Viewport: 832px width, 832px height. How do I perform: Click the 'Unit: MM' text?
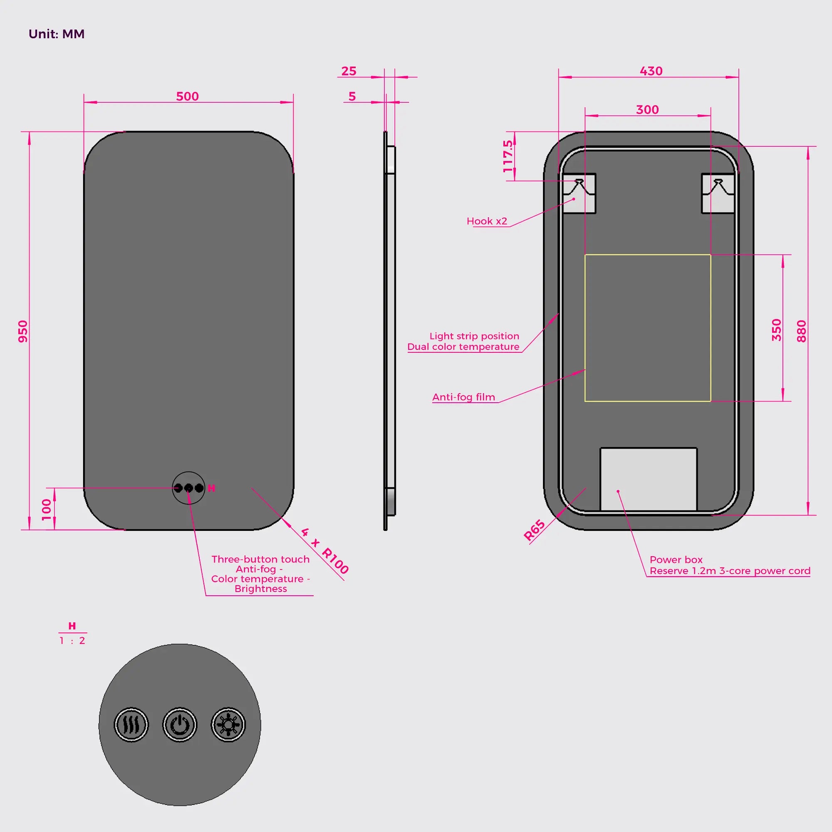point(57,34)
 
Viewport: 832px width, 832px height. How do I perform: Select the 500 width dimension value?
point(187,96)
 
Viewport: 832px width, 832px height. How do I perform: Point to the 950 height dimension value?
point(23,331)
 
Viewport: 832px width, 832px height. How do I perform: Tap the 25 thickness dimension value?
point(349,71)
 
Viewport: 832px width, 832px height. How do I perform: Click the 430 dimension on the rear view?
point(651,71)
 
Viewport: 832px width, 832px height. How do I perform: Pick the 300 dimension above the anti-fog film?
point(647,110)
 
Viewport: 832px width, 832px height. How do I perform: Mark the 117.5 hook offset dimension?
point(508,156)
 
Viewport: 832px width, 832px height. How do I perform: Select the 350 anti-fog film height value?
point(776,330)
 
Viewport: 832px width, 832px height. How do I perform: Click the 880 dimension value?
point(802,331)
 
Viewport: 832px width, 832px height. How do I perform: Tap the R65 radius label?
point(535,530)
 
